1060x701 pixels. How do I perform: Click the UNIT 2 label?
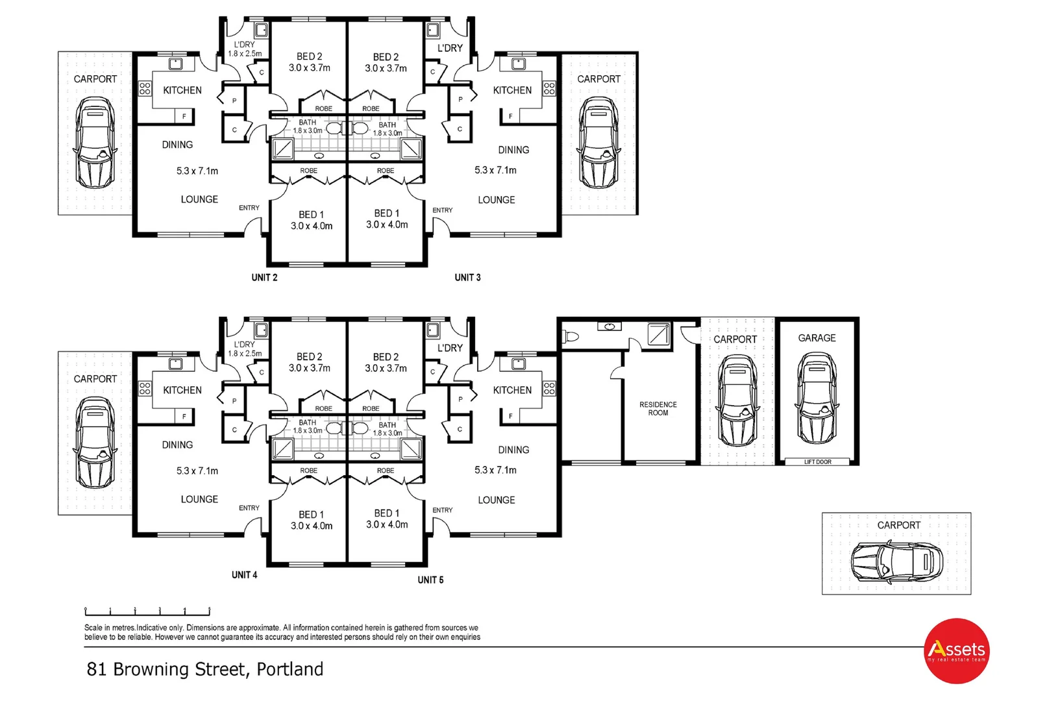(x=264, y=278)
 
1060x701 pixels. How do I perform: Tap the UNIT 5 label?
(x=430, y=580)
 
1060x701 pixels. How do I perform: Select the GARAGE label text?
(x=817, y=338)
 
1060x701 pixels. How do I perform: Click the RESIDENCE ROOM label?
(x=658, y=409)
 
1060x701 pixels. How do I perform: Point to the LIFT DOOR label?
(x=817, y=462)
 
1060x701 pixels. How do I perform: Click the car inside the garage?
(x=817, y=397)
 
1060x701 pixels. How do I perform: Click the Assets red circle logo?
(x=957, y=650)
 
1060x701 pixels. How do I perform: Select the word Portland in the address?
(x=290, y=670)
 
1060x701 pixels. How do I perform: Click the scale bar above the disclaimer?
(x=147, y=611)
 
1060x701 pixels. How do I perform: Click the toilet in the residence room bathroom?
(x=571, y=337)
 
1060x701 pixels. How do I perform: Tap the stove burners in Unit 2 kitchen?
(x=145, y=89)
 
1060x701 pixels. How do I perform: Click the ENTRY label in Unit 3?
(x=443, y=210)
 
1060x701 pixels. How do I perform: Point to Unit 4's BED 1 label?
(x=311, y=515)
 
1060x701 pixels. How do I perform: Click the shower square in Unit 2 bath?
(x=283, y=149)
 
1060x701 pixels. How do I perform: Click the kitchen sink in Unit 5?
(x=518, y=363)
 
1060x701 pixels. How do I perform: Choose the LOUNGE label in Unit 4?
(x=199, y=500)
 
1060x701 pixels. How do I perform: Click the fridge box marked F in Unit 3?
(x=510, y=116)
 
